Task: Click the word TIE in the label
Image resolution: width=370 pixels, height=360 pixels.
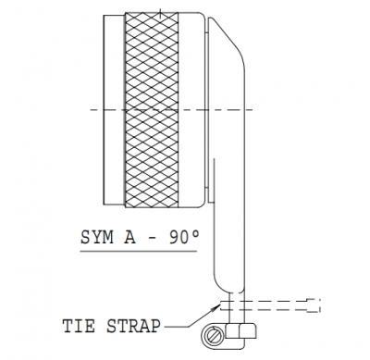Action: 79,326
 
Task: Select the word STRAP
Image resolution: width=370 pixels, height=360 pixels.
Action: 134,326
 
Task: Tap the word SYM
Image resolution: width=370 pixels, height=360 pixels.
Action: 96,238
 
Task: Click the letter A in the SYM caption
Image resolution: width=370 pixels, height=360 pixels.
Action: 129,238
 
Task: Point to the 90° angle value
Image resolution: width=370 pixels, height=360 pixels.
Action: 184,238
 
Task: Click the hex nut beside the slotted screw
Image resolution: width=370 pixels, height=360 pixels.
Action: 240,331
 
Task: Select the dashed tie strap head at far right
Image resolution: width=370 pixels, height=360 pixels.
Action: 314,305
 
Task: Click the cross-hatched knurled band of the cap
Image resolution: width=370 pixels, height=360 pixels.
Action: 152,109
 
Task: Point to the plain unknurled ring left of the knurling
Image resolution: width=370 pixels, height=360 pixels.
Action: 115,109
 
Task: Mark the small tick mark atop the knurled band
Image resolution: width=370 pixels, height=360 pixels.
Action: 160,13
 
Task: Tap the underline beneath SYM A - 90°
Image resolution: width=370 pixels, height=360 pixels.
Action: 139,251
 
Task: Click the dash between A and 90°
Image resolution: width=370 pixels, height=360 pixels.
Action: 153,238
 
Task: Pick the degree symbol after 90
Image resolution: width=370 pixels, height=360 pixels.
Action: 195,233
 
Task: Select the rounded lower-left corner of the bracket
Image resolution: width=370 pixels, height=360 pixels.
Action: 219,284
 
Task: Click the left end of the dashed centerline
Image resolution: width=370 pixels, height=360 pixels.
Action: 91,109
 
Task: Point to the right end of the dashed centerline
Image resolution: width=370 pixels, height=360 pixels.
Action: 253,109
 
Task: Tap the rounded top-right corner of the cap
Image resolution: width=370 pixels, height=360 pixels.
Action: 203,16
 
